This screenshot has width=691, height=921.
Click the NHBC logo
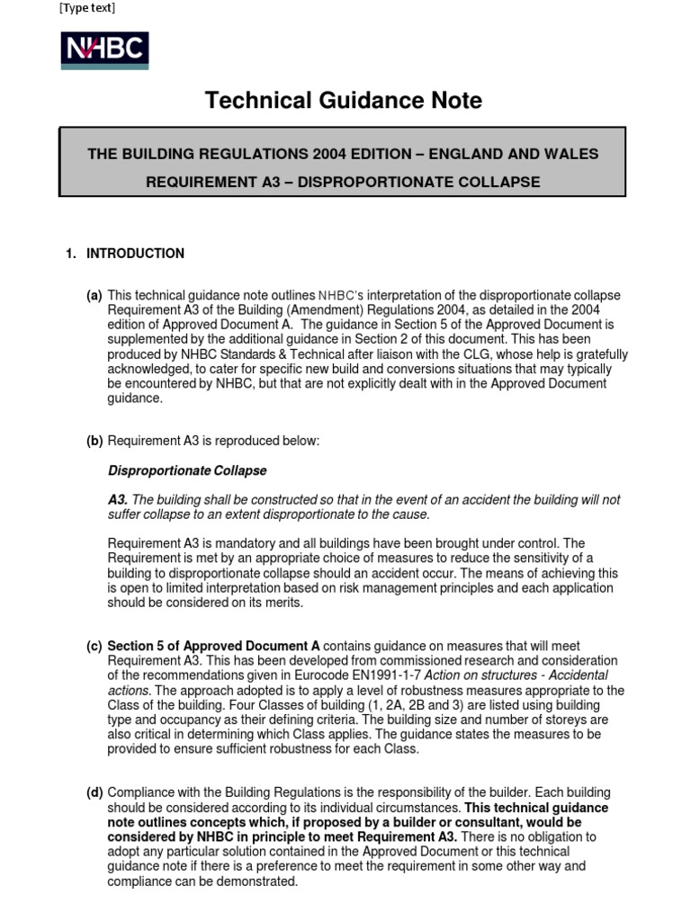pos(104,51)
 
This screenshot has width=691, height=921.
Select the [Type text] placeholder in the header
pos(86,9)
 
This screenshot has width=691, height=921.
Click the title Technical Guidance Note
pos(343,101)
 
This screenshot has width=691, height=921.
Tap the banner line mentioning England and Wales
pos(343,154)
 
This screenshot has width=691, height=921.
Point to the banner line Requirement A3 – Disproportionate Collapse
pos(343,182)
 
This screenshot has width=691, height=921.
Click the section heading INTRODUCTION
pos(135,254)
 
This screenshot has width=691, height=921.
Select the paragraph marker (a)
pos(94,296)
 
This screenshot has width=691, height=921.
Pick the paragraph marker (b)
pos(94,441)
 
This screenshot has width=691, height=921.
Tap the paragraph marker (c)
pos(94,646)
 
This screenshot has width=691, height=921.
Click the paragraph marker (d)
pos(94,792)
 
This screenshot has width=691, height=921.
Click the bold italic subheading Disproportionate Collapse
pos(187,470)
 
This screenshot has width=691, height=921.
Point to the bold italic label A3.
pos(118,500)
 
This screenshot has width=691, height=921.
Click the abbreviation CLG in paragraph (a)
pos(418,354)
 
